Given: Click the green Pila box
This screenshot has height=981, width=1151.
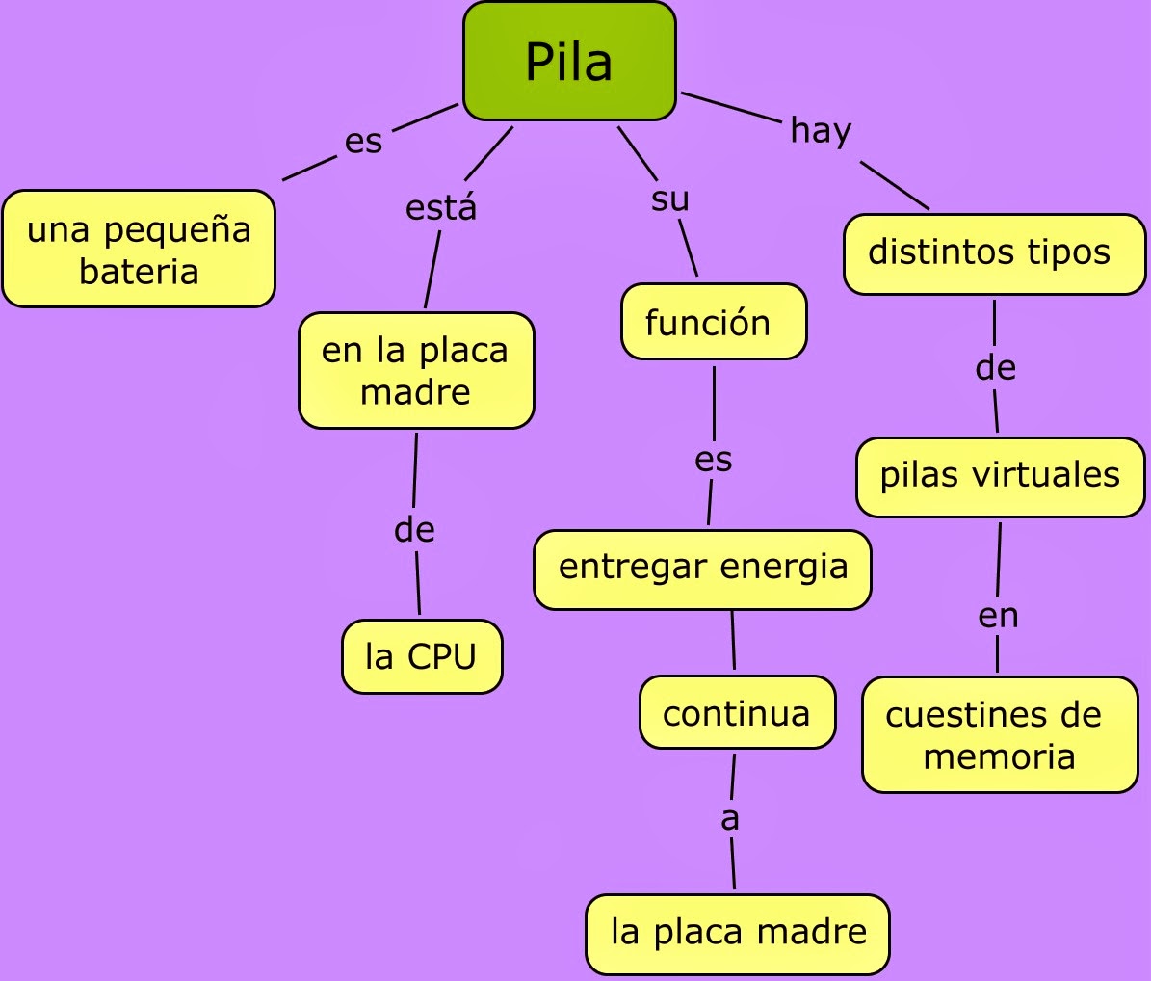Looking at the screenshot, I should [x=569, y=62].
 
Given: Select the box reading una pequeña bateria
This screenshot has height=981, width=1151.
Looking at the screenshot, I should [x=139, y=250].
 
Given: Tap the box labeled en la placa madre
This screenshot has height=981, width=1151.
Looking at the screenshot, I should [x=415, y=371].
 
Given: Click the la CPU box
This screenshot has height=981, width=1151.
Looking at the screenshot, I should [x=421, y=656].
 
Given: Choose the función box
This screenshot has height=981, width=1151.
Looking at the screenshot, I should [x=713, y=322].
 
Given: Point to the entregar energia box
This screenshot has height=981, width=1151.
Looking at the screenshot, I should [x=702, y=569].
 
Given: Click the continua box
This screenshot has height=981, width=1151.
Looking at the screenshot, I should [x=737, y=713].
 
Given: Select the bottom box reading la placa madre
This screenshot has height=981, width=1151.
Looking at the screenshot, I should [x=738, y=933].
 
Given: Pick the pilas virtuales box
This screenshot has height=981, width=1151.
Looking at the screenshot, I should [x=1000, y=476].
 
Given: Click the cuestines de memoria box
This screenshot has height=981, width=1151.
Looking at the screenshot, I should [x=999, y=734].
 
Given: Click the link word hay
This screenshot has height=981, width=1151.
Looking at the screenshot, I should [x=821, y=130].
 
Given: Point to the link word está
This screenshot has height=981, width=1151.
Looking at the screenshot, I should [x=441, y=207].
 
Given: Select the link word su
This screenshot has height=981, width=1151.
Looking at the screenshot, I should [x=670, y=199].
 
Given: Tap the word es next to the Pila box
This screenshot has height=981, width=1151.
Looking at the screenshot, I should [x=363, y=143].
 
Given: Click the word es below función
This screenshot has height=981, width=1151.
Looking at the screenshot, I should [x=714, y=460].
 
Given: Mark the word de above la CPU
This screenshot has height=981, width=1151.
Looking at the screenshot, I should [x=414, y=530].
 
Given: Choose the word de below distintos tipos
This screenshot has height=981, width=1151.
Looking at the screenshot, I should [x=996, y=368].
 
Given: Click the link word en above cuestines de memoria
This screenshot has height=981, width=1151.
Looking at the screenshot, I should [x=998, y=616].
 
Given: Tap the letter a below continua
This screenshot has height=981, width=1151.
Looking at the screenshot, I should [x=730, y=819].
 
